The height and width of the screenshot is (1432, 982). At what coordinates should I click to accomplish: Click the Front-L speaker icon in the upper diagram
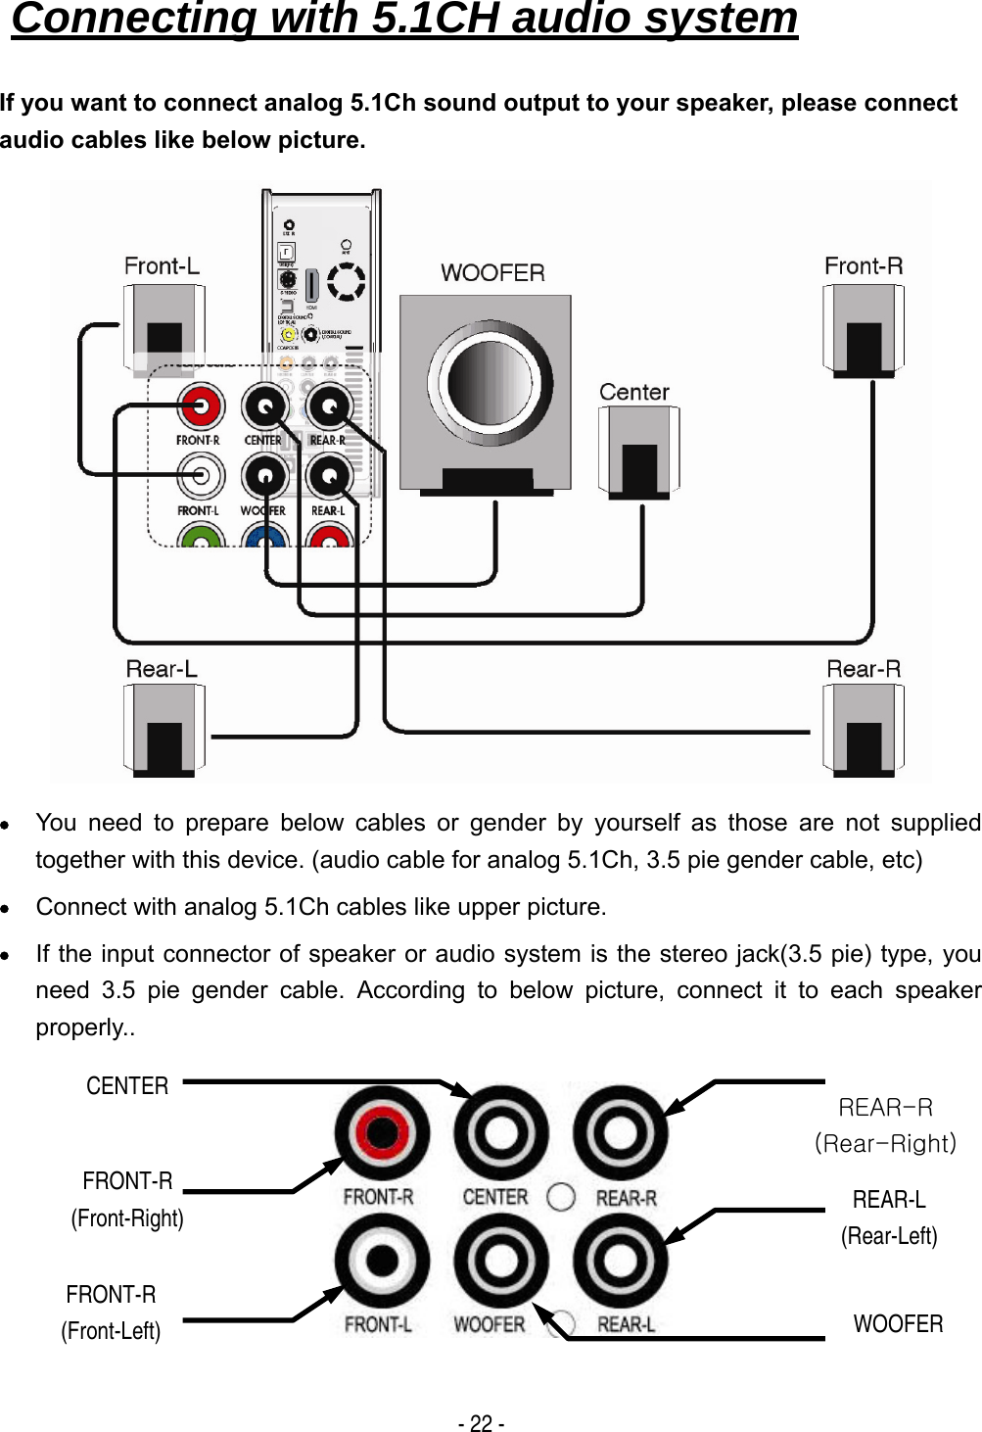[164, 330]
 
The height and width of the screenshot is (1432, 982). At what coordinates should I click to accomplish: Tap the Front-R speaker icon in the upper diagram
[864, 330]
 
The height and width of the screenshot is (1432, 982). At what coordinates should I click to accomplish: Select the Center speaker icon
[638, 451]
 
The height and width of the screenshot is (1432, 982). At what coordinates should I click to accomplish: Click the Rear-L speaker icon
[164, 730]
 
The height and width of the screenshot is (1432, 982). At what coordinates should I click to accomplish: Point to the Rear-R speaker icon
[864, 730]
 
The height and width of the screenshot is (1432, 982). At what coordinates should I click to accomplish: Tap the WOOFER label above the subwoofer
[492, 273]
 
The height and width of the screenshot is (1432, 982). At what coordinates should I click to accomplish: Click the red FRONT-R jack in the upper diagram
[200, 405]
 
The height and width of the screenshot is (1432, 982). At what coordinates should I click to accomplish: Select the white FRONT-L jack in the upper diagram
[200, 476]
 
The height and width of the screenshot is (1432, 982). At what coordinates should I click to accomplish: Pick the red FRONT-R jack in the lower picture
[382, 1132]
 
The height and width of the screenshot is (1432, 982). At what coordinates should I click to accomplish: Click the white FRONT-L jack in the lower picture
[382, 1260]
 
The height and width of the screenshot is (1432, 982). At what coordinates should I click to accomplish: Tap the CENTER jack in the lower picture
[500, 1132]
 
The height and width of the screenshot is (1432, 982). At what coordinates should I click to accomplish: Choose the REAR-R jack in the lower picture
[620, 1132]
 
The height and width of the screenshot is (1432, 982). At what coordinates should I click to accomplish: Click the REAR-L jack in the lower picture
[620, 1260]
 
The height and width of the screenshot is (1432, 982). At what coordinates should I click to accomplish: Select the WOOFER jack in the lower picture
[500, 1260]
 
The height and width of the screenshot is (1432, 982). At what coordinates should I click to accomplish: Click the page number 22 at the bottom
[481, 1423]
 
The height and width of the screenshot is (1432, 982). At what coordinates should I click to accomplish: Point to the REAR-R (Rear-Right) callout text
[885, 1125]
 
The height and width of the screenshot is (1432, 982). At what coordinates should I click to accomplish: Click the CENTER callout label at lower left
[127, 1086]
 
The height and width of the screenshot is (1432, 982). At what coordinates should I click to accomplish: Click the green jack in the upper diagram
[201, 538]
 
